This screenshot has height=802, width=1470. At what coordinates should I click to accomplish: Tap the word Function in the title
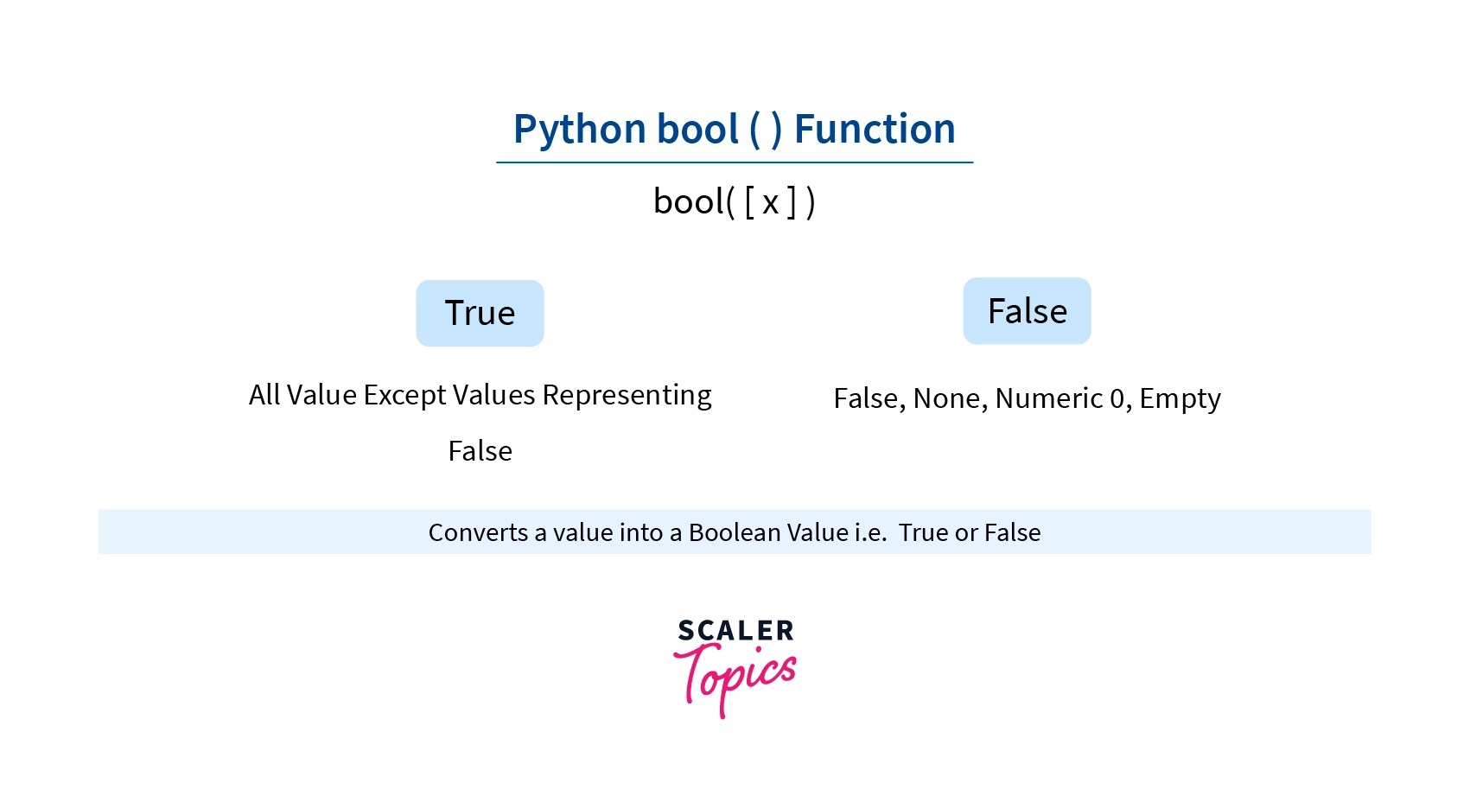point(874,130)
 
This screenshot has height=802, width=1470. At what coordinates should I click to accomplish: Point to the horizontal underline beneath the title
point(734,162)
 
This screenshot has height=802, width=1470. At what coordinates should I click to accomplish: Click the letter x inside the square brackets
point(770,203)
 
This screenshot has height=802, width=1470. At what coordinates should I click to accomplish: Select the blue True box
point(480,313)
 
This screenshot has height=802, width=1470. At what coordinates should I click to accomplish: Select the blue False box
point(1027,311)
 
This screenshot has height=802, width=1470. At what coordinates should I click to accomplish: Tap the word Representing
point(627,395)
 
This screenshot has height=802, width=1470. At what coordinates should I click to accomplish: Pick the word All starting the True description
point(264,395)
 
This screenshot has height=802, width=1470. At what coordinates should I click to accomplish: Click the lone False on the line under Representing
point(480,451)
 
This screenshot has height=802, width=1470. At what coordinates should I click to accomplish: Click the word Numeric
point(1048,398)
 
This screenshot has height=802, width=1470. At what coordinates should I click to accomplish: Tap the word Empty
point(1180,398)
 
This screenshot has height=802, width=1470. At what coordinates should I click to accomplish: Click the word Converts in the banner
point(478,532)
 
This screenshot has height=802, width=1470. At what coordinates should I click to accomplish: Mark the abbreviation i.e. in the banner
point(870,532)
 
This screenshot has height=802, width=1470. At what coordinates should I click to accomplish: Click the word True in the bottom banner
point(923,532)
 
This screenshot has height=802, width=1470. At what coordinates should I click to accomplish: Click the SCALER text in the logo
point(735,631)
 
